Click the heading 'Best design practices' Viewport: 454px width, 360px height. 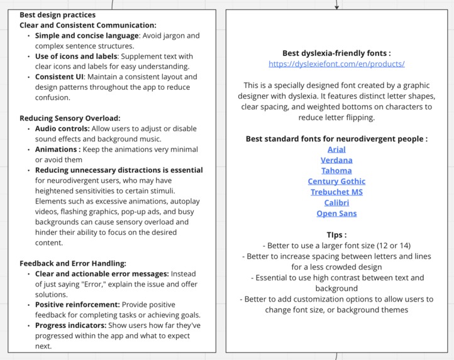click(x=57, y=14)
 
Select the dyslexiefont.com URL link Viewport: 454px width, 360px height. click(x=336, y=64)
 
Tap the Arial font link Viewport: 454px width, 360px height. click(x=336, y=150)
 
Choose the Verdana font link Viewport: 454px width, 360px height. click(x=336, y=160)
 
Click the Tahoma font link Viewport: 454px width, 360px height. click(x=336, y=171)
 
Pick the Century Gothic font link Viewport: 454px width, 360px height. click(x=336, y=182)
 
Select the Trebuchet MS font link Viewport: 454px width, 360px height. click(x=336, y=192)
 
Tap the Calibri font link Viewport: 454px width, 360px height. click(x=336, y=203)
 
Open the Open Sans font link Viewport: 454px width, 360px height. click(x=336, y=214)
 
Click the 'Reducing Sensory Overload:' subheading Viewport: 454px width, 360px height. click(x=70, y=118)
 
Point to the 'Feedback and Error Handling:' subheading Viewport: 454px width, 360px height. click(x=73, y=263)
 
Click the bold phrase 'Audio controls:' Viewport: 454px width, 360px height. click(x=62, y=129)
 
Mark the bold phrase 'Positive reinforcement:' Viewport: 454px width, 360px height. click(x=77, y=305)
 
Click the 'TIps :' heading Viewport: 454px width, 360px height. click(x=336, y=235)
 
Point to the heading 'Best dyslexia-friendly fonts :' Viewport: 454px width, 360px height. click(x=336, y=53)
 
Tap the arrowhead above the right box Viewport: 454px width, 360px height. click(x=337, y=7)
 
